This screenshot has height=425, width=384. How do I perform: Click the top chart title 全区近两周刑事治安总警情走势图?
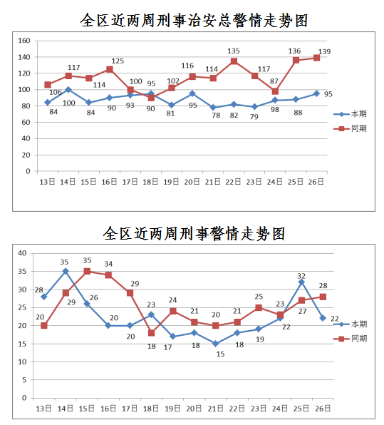(194, 21)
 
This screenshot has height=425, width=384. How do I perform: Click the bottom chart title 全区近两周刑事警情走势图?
(194, 233)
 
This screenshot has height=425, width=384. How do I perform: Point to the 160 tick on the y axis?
(24, 41)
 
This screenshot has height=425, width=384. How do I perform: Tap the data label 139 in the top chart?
(324, 51)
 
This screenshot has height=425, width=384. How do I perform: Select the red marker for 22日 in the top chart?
(234, 61)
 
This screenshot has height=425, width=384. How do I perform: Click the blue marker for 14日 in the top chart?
(68, 90)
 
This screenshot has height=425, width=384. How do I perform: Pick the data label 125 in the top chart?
(118, 61)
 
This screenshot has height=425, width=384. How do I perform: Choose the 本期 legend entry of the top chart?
(350, 114)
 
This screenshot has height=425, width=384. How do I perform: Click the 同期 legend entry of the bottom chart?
(350, 339)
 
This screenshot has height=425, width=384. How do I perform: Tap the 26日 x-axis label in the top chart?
(316, 182)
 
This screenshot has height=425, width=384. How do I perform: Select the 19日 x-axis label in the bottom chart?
(172, 409)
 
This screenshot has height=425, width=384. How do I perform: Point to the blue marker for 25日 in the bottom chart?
(301, 282)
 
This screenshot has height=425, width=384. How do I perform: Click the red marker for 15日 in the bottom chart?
(87, 271)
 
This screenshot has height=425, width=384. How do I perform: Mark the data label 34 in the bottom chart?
(108, 264)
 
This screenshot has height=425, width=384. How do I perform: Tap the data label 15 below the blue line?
(220, 354)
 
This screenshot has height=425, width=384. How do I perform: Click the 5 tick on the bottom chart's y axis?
(24, 380)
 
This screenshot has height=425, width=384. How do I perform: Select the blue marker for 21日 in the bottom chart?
(216, 344)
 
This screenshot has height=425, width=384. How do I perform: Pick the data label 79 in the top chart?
(254, 116)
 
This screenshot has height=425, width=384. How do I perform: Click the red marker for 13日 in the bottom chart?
(44, 326)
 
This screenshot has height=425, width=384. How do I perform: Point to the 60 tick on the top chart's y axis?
(26, 122)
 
